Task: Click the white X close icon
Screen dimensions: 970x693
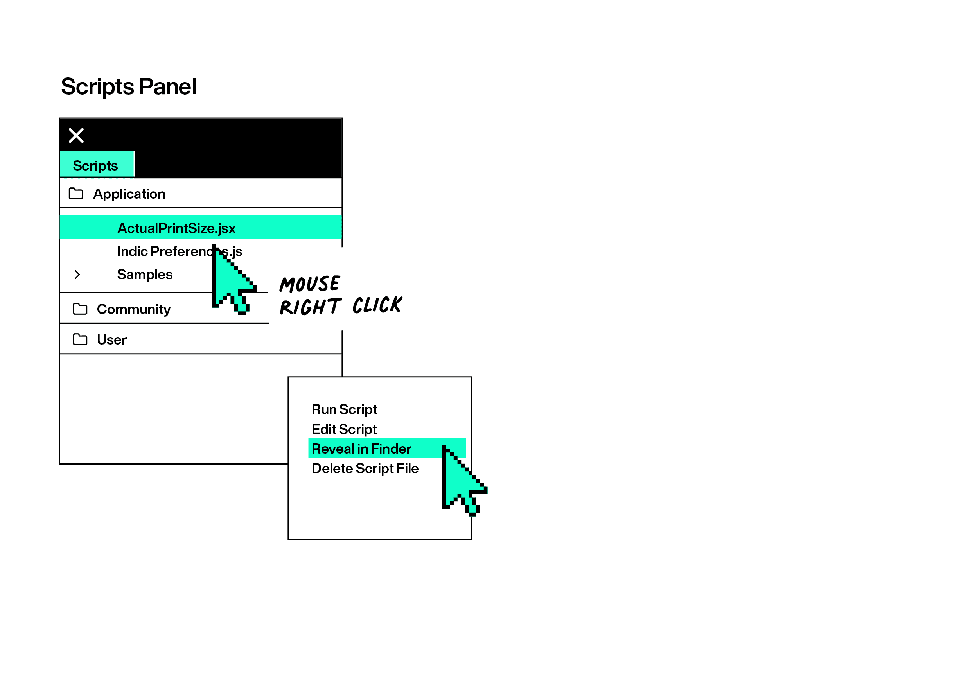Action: [x=76, y=136]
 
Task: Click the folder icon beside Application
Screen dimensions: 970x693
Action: [x=76, y=193]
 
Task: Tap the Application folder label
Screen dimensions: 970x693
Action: [x=129, y=194]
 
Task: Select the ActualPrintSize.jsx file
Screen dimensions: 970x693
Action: [x=176, y=228]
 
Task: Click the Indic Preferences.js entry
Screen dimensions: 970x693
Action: [x=179, y=251]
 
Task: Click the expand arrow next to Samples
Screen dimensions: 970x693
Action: [x=77, y=275]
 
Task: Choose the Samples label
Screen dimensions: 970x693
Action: [x=145, y=275]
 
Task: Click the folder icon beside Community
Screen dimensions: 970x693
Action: [x=80, y=309]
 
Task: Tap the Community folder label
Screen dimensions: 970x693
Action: [x=134, y=309]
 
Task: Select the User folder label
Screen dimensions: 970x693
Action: [x=112, y=340]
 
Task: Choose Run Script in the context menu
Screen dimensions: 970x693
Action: [x=344, y=409]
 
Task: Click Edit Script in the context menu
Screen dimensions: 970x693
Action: [x=344, y=429]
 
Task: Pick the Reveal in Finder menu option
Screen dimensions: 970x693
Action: [x=361, y=449]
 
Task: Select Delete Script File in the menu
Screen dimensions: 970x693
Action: [x=365, y=468]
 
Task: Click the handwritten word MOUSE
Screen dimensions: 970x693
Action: [x=309, y=284]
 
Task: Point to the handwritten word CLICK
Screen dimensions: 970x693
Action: [x=377, y=305]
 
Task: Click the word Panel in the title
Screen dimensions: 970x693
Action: [x=167, y=87]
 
